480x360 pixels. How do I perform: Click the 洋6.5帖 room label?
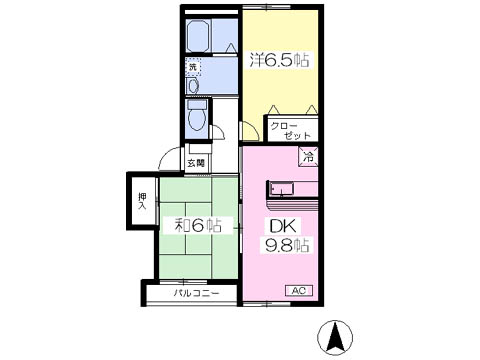279,60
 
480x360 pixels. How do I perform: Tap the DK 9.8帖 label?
287,236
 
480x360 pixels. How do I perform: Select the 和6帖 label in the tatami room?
198,225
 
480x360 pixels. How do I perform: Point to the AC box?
299,291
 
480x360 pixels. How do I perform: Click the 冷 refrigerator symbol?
308,156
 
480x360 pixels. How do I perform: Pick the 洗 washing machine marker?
193,67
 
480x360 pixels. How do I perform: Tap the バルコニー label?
196,293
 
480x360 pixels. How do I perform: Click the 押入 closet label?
143,201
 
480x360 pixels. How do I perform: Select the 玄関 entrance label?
196,163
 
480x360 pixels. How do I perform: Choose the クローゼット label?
290,131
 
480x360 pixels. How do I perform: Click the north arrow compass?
335,338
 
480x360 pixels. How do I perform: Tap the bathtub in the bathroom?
198,36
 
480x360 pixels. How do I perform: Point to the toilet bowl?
197,118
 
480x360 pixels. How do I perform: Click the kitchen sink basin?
282,189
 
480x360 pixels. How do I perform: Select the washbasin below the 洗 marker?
193,86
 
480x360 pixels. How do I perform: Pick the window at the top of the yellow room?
267,7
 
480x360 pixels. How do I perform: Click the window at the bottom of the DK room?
267,304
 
